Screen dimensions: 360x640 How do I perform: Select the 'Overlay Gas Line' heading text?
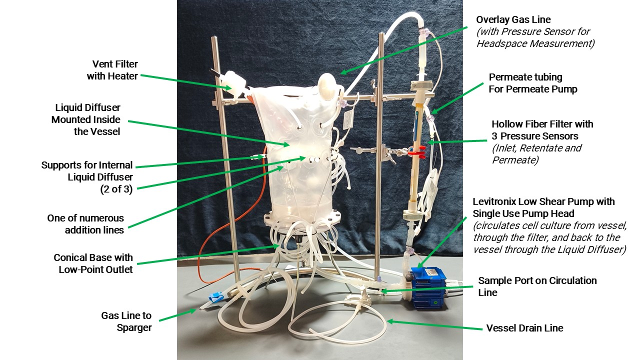point(513,19)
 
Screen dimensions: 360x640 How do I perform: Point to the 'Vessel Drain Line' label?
point(524,328)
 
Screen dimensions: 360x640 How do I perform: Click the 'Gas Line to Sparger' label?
point(126,321)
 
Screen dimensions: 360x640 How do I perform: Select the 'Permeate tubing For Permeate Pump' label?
point(525,83)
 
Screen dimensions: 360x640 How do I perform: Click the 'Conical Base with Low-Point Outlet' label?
point(93,263)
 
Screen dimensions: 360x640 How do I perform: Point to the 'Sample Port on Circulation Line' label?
point(537,286)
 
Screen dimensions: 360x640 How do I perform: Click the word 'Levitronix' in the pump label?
point(496,201)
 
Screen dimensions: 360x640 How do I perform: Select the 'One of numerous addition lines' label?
point(85,224)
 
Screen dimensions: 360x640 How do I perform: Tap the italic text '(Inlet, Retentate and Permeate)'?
point(536,154)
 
